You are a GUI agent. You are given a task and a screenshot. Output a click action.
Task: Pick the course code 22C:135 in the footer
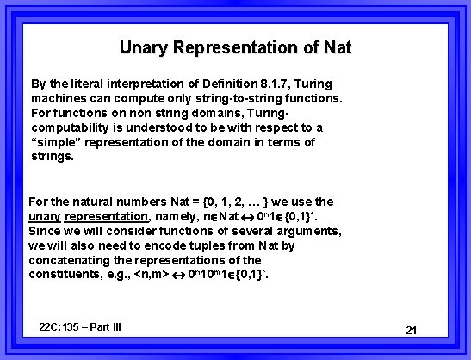pos(62,327)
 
